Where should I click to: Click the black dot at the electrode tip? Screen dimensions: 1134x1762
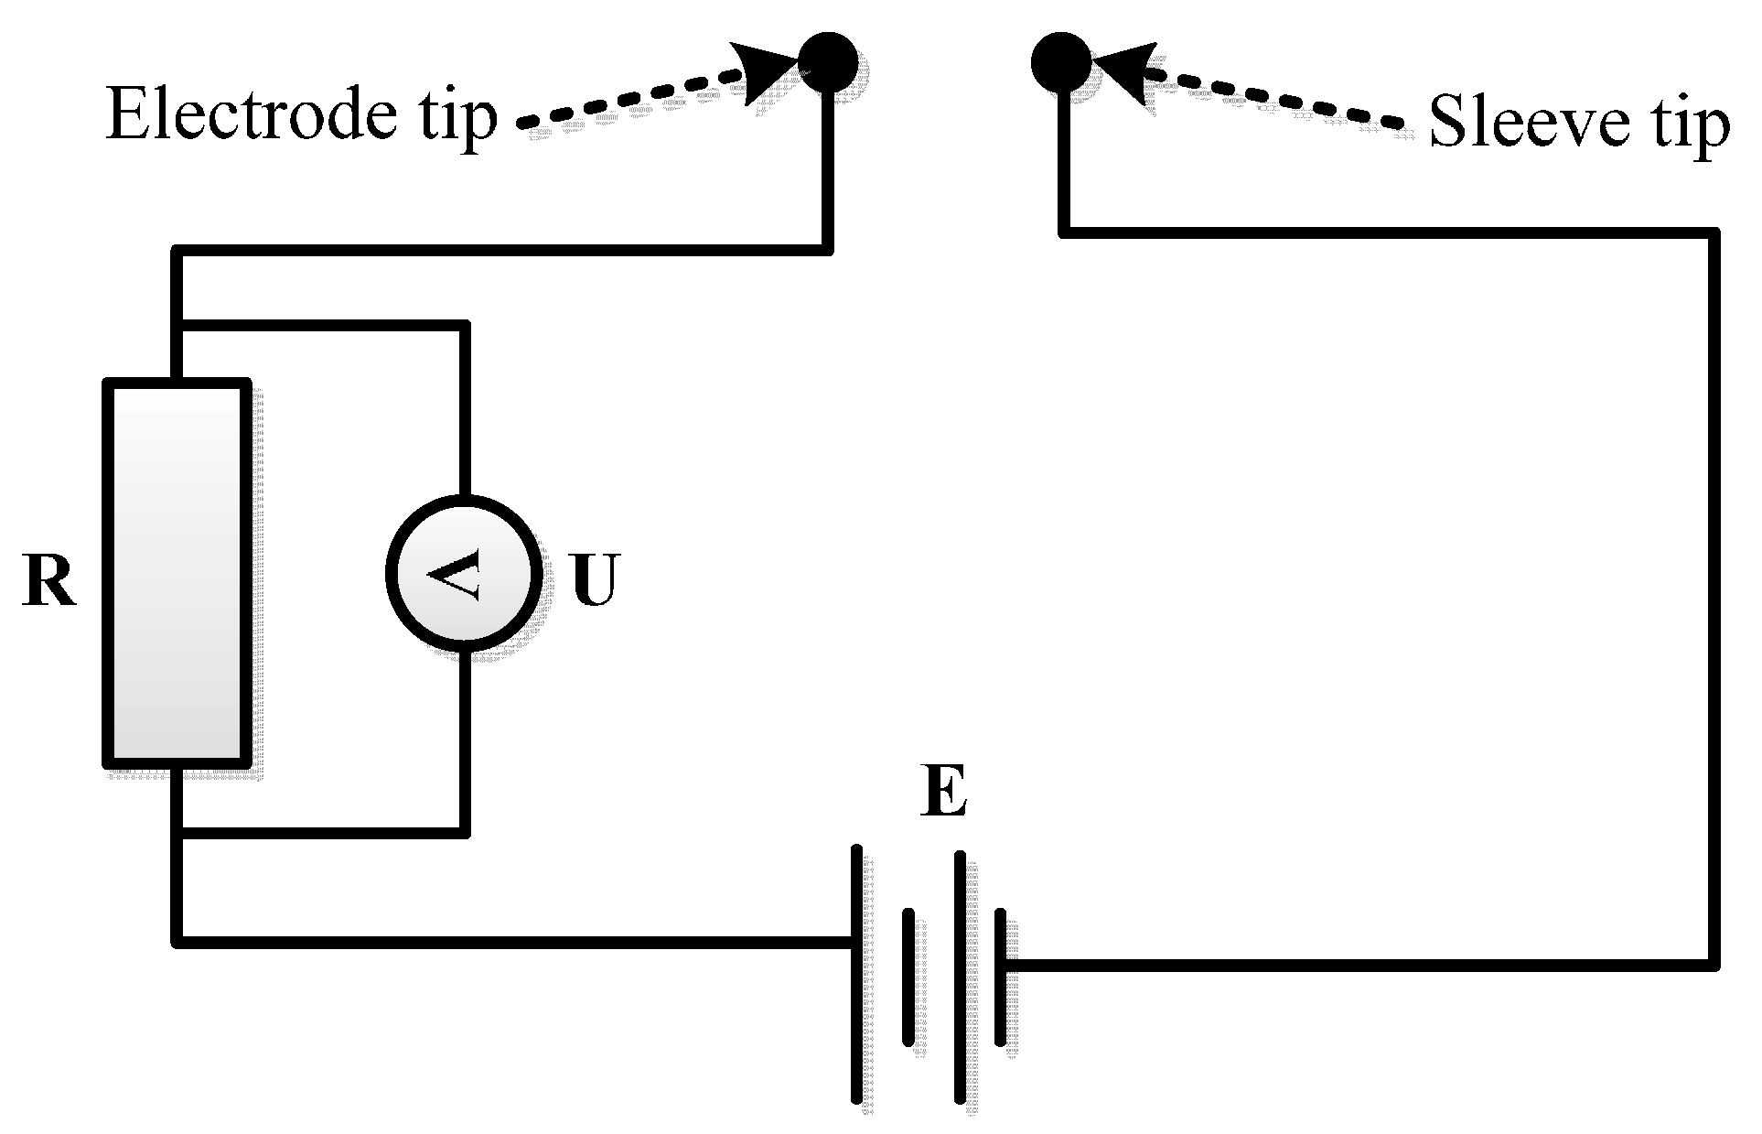827,62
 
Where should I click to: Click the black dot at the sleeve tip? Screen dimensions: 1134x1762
1061,62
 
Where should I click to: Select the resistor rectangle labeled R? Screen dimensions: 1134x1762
176,573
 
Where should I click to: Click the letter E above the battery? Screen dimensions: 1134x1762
944,793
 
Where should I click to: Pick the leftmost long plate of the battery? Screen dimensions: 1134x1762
857,974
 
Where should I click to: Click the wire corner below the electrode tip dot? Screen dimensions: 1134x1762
827,248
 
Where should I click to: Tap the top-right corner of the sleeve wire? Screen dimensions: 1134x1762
1712,233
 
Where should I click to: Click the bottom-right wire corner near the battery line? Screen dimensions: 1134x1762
1712,963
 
